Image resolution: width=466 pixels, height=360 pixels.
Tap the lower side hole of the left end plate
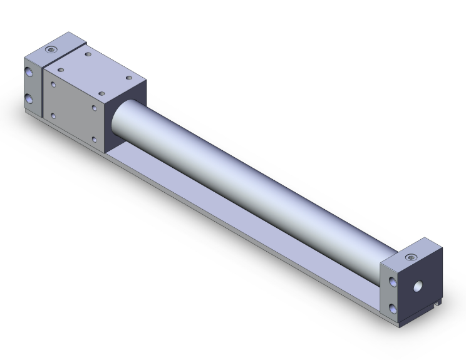click(29, 98)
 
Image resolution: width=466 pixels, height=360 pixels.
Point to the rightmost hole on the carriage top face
click(129, 78)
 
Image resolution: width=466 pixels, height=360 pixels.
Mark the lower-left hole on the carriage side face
click(54, 115)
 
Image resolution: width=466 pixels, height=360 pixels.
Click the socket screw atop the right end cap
click(412, 257)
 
